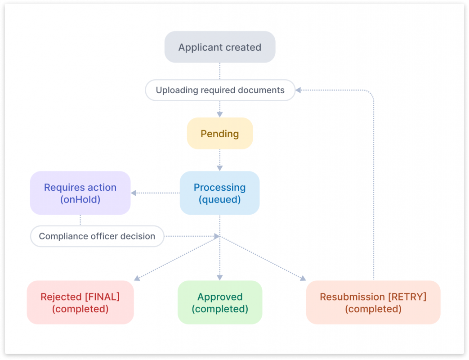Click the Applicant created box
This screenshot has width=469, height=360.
click(219, 47)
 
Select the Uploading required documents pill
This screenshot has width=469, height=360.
click(220, 90)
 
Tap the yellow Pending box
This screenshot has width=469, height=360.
click(219, 134)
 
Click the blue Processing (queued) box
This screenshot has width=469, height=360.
click(219, 193)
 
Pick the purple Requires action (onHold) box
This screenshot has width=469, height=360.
click(80, 193)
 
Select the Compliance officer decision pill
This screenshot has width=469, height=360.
click(97, 236)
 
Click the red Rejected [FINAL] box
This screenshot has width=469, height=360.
click(80, 302)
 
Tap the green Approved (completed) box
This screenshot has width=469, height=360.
click(219, 302)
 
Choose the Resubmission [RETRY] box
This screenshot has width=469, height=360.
click(373, 302)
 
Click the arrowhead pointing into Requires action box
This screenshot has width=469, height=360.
click(134, 193)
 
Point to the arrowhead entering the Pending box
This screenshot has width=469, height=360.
click(219, 114)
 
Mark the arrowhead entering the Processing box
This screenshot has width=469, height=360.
click(219, 168)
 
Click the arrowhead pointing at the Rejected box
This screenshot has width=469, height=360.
click(137, 278)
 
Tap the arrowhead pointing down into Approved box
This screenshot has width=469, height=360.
click(219, 278)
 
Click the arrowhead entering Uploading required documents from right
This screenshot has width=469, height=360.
click(298, 90)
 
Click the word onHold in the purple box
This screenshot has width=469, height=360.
click(80, 199)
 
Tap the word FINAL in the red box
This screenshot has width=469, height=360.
click(104, 297)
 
